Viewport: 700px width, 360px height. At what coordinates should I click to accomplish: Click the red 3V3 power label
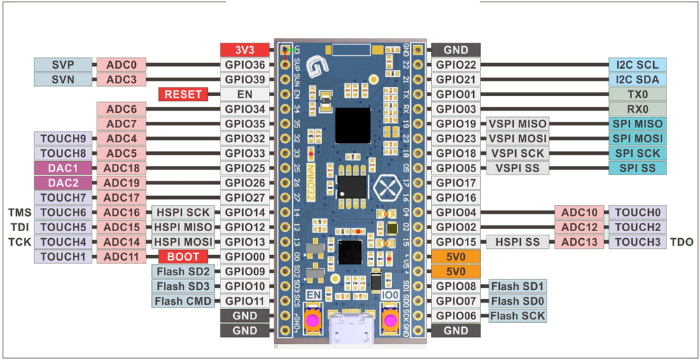point(245,50)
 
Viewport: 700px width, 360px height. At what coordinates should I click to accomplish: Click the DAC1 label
point(63,168)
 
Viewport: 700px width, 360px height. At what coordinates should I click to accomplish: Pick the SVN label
point(63,79)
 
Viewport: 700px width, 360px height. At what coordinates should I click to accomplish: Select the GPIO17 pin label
point(456,183)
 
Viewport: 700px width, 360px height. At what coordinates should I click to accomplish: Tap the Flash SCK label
point(517,316)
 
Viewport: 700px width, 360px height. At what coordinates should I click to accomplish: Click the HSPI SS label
point(517,242)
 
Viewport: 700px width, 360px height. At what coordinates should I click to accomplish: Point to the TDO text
point(681,242)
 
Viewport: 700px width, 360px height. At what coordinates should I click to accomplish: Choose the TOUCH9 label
point(63,139)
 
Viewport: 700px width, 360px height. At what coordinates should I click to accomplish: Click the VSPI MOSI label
point(517,139)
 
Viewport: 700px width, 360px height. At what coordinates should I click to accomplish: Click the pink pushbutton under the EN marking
point(312,321)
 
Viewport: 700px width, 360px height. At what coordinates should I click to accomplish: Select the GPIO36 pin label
point(245,64)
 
